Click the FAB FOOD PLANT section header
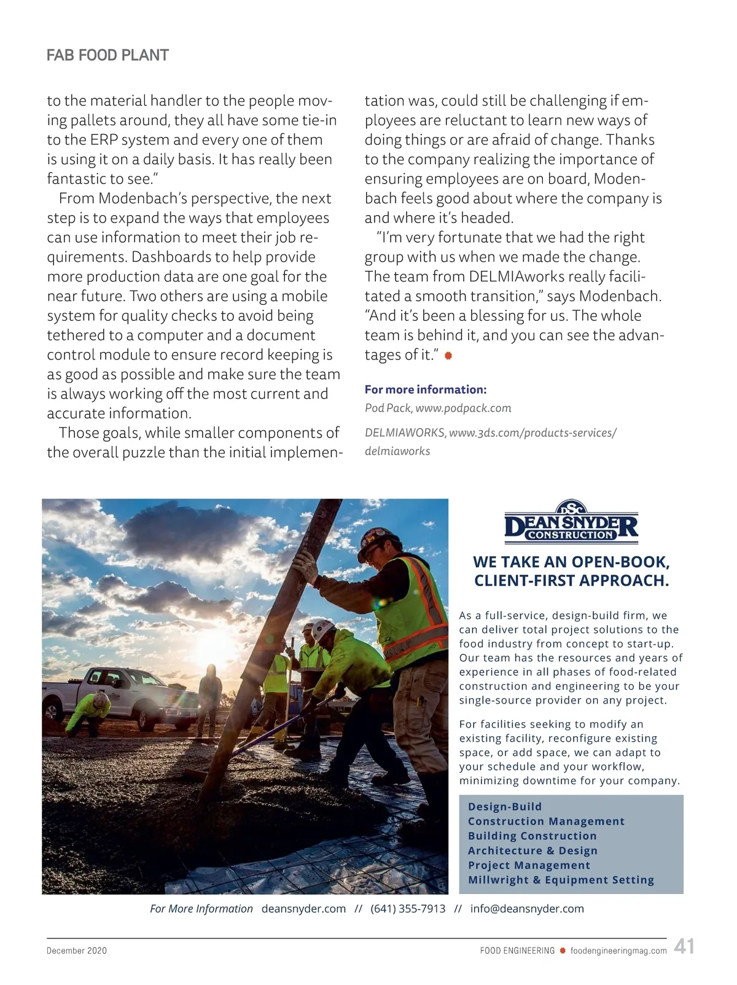point(107,55)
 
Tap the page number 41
point(684,946)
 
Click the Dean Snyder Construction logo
point(571,524)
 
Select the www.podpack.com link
point(463,408)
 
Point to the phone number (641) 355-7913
point(408,909)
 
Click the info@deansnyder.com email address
point(527,909)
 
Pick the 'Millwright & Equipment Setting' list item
point(561,880)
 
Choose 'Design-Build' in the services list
point(505,807)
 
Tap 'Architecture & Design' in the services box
point(532,850)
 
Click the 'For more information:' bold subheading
point(426,390)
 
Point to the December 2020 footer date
point(77,951)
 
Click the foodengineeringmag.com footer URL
point(618,951)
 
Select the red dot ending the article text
point(448,356)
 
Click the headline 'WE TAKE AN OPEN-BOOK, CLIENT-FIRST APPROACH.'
point(571,571)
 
